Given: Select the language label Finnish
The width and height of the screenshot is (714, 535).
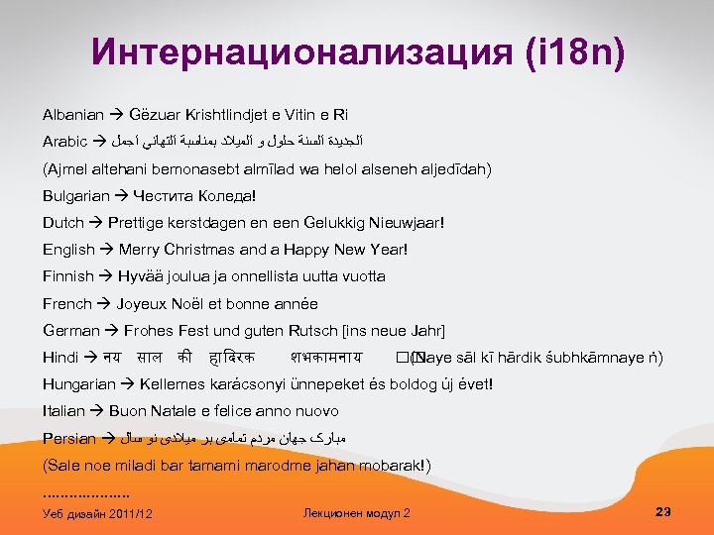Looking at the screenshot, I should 68,276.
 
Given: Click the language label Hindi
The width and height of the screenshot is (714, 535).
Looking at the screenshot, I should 60,357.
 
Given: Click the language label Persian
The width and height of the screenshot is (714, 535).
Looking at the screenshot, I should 69,438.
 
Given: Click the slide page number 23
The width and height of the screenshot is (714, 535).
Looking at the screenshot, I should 663,511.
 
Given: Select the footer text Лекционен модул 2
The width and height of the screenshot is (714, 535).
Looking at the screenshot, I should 358,512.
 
